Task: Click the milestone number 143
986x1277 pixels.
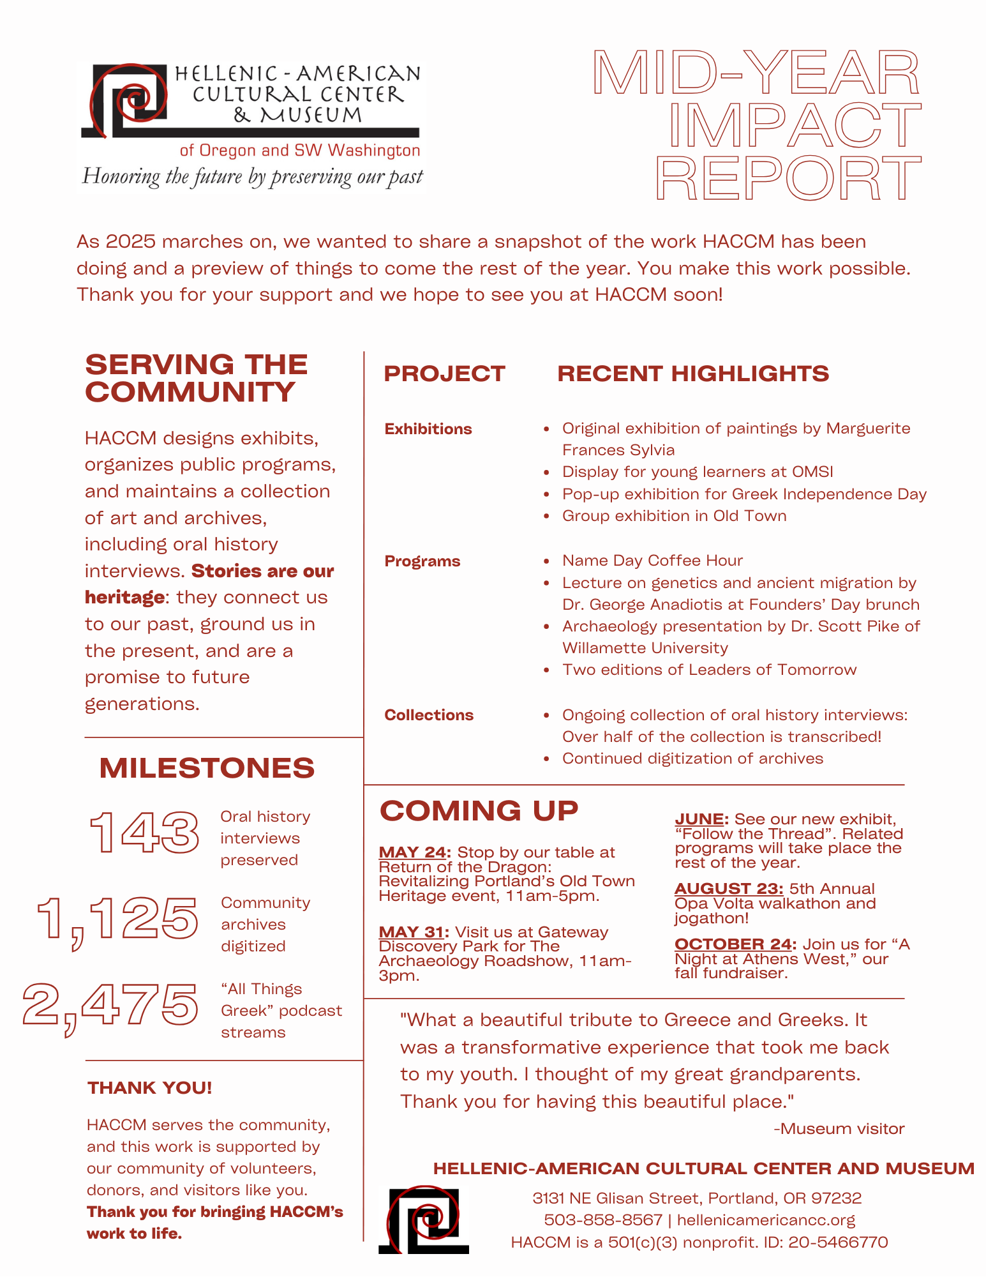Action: (x=144, y=833)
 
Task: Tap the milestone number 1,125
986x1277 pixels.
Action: (x=117, y=919)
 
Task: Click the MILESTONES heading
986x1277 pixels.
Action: (x=207, y=768)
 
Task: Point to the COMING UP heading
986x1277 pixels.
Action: (x=479, y=811)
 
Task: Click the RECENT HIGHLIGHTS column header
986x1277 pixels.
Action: (x=693, y=374)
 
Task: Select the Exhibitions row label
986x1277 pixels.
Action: (x=428, y=429)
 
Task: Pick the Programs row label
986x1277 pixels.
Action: (x=422, y=561)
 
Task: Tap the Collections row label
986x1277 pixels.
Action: (x=429, y=715)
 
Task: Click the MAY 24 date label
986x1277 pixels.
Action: (x=414, y=852)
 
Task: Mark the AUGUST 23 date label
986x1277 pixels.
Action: (x=728, y=889)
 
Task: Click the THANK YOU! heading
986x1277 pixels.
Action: (x=149, y=1088)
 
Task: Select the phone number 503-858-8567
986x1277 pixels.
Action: (x=603, y=1220)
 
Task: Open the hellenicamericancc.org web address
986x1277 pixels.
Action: (x=766, y=1220)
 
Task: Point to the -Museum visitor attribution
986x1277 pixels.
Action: (x=839, y=1129)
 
